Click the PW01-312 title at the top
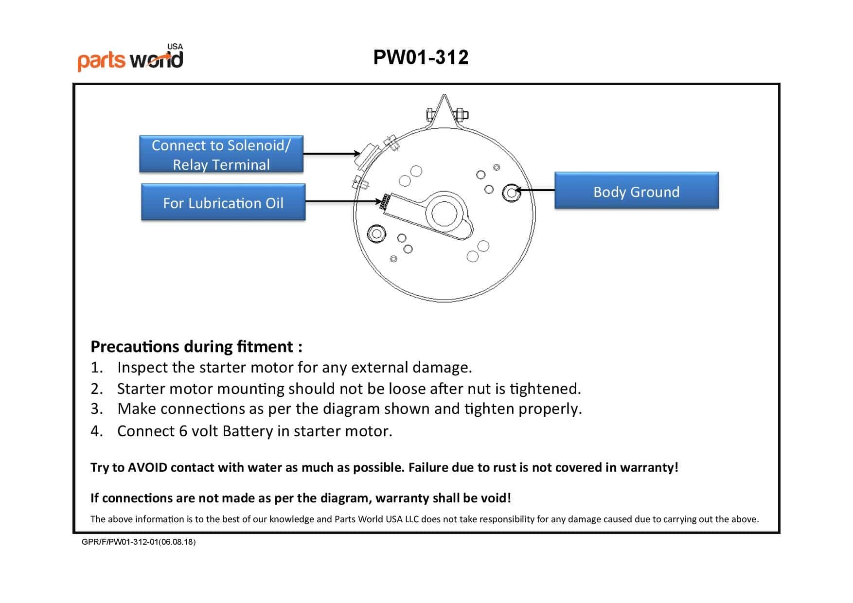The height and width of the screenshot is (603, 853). point(421,57)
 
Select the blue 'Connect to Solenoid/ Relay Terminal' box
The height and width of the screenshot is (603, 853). point(221,154)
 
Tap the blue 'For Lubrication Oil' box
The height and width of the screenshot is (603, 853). point(223,202)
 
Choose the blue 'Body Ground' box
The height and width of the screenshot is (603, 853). point(636,191)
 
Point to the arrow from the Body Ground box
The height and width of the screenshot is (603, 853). point(535,190)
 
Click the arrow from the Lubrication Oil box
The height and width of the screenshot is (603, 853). point(343,201)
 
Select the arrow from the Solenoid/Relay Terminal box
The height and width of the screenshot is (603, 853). point(331,154)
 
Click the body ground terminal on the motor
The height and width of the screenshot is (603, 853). point(511,193)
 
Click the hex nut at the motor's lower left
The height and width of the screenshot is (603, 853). point(376,234)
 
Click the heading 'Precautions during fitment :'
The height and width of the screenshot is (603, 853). point(196,346)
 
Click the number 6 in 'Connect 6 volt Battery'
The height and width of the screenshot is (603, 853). point(183,431)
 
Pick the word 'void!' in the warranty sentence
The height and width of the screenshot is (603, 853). point(496,498)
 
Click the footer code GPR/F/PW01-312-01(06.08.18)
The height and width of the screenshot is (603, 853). point(139,542)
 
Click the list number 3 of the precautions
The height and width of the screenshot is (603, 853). point(96,409)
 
